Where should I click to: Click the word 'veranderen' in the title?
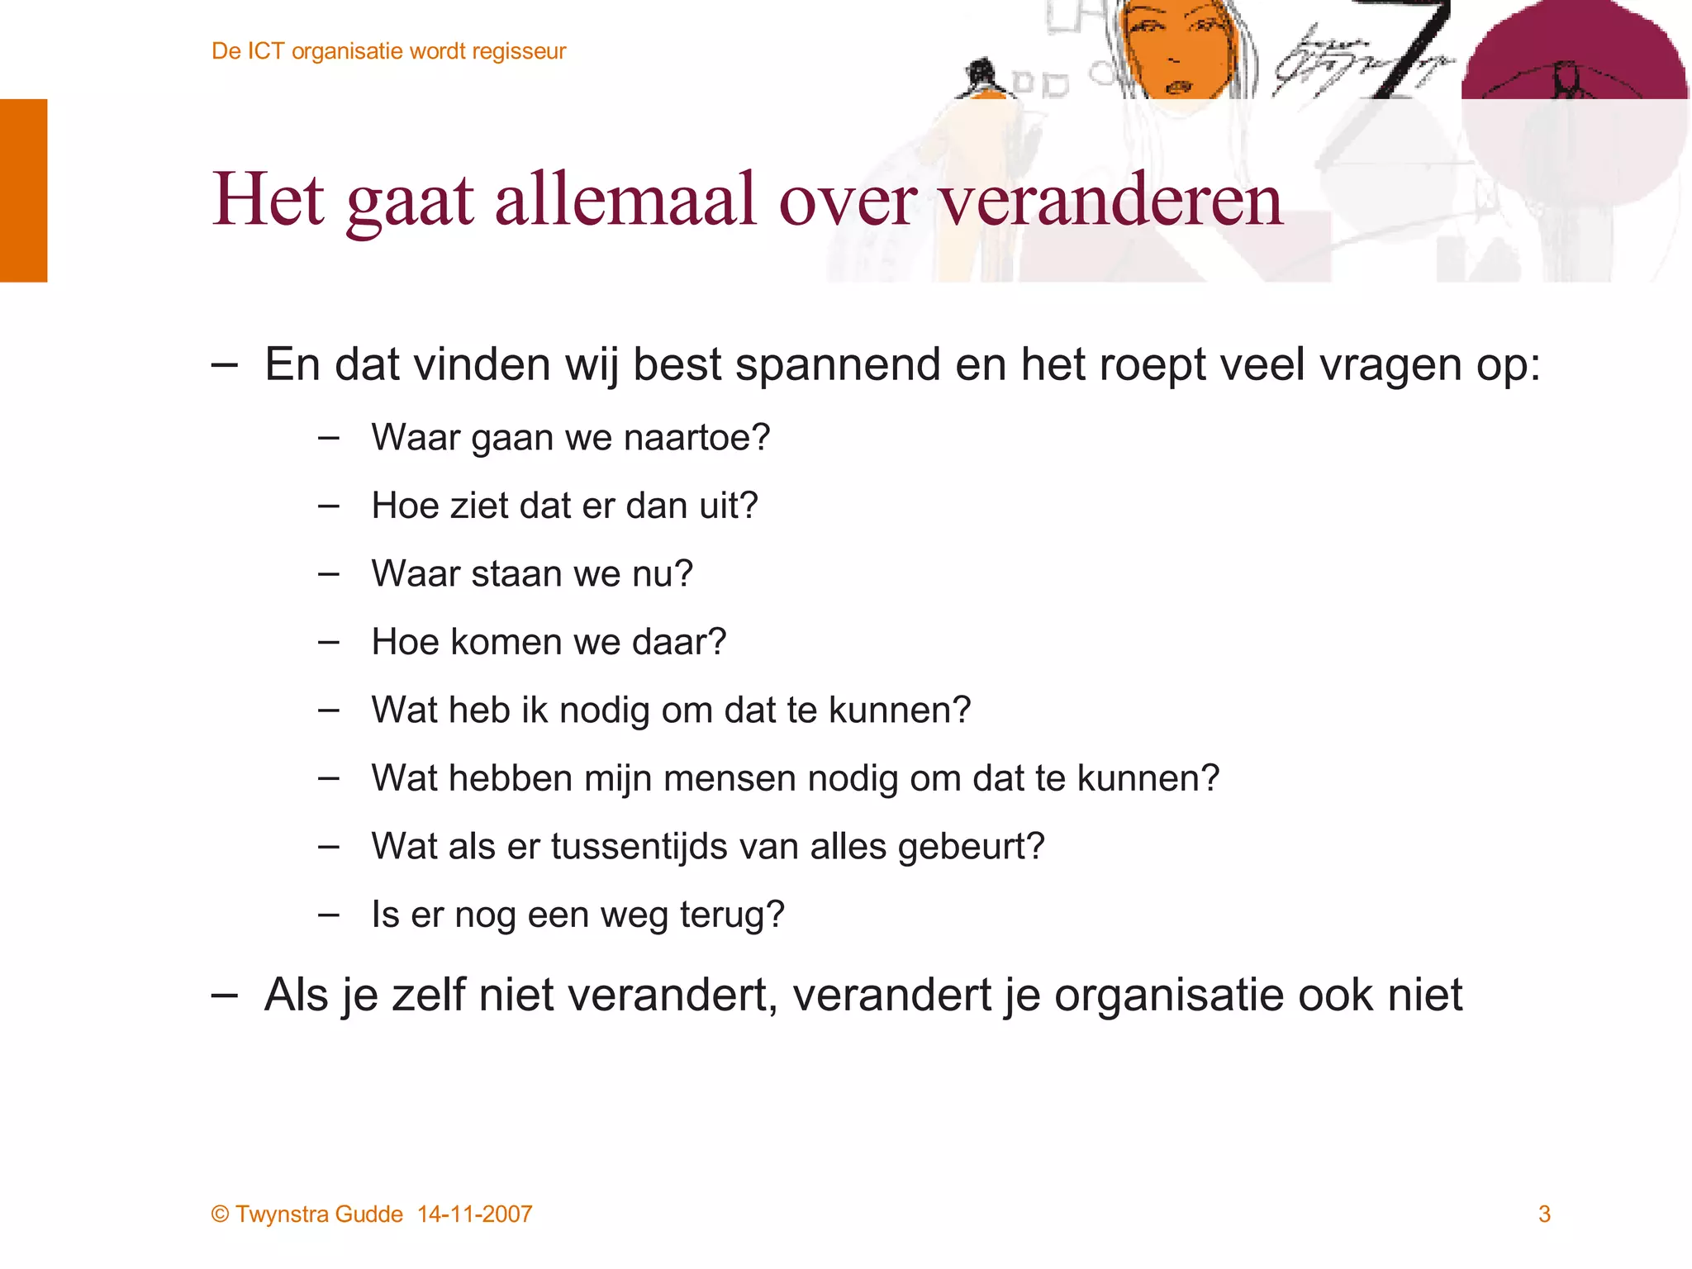click(x=1110, y=201)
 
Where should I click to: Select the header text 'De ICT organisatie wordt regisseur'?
click(x=388, y=51)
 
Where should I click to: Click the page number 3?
click(x=1544, y=1214)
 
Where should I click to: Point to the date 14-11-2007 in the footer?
click(x=475, y=1214)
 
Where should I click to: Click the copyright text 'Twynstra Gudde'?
click(x=319, y=1214)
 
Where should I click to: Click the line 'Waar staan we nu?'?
click(x=532, y=573)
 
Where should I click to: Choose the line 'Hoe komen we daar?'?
click(x=549, y=642)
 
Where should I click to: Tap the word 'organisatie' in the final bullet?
click(x=1167, y=995)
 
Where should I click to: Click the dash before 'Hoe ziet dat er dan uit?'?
click(x=329, y=506)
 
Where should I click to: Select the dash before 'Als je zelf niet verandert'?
click(x=224, y=995)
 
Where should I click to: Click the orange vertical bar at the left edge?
click(x=23, y=190)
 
